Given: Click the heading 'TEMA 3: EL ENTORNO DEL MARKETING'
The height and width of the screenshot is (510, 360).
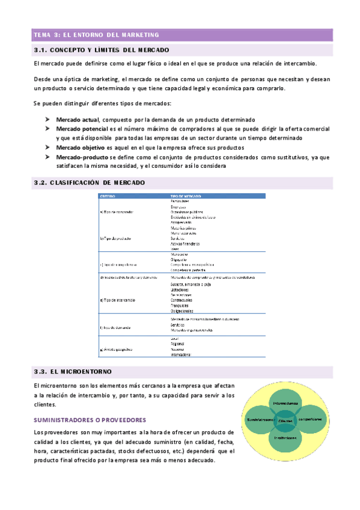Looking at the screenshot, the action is pos(96,35).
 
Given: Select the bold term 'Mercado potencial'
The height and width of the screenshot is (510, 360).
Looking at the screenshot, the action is pos(82,129).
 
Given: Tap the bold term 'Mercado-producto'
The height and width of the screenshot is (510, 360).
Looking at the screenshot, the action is pos(82,157).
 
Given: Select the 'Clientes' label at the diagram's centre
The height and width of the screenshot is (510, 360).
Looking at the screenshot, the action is pos(285,421).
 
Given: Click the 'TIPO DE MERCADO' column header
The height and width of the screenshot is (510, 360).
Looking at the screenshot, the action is pos(186,196).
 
